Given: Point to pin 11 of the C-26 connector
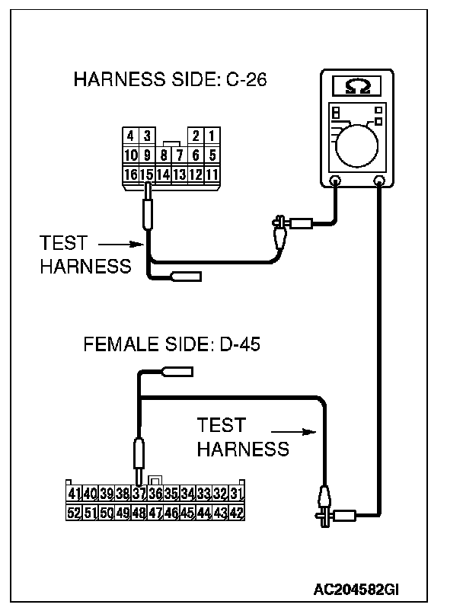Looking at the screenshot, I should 212,174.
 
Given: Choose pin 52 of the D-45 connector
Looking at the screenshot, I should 74,513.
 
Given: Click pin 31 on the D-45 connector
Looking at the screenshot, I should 236,494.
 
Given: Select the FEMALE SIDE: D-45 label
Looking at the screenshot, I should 172,344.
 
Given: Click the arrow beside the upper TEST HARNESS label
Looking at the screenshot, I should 122,245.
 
